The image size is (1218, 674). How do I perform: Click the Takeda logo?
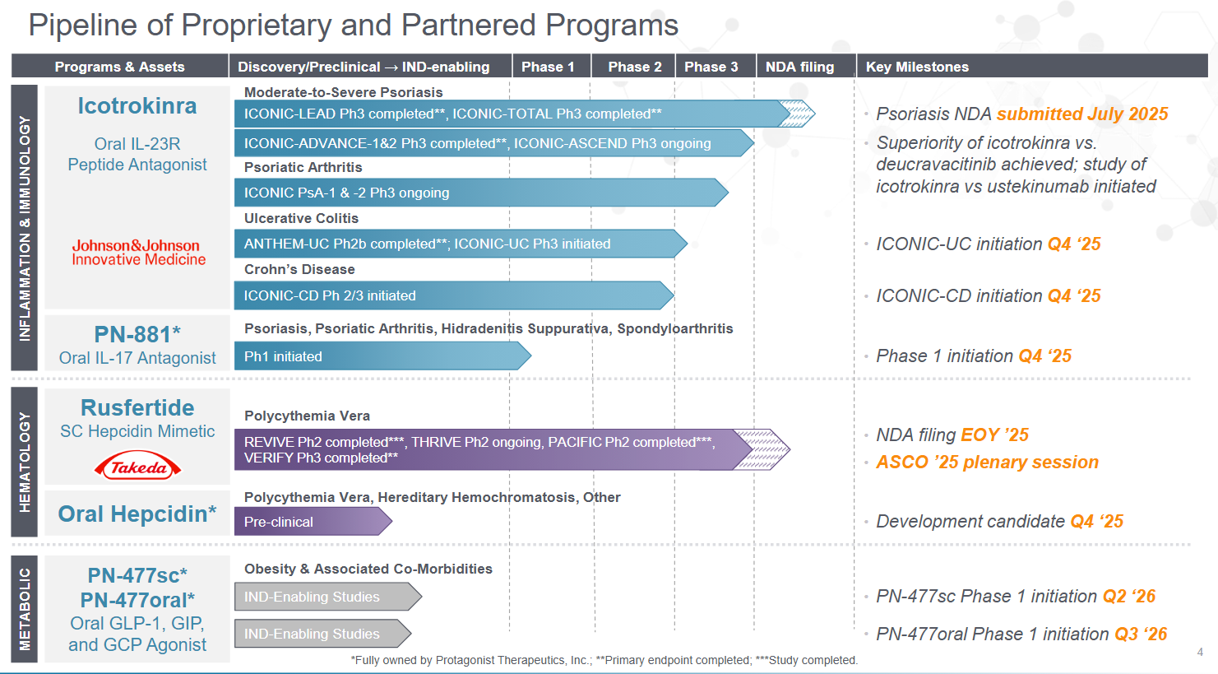[138, 467]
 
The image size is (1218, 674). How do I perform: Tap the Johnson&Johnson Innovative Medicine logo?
[138, 252]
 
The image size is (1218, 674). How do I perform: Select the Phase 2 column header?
[634, 67]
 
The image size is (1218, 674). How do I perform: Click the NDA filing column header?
[799, 67]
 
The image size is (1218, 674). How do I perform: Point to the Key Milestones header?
[917, 67]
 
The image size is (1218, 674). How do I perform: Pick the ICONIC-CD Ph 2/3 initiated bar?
[452, 295]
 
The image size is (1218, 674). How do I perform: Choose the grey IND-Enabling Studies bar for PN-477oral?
[321, 634]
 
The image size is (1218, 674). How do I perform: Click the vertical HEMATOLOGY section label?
[25, 462]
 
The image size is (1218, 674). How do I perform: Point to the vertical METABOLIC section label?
[25, 609]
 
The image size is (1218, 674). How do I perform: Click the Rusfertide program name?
[137, 408]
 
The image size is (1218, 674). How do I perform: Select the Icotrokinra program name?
[137, 106]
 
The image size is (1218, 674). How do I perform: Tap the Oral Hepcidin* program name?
[137, 514]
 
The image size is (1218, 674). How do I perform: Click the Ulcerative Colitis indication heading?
[301, 218]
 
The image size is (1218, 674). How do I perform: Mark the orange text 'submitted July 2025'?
[1082, 114]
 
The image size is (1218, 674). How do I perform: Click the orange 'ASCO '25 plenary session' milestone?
[987, 463]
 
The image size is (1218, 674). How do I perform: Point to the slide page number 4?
[1200, 653]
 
